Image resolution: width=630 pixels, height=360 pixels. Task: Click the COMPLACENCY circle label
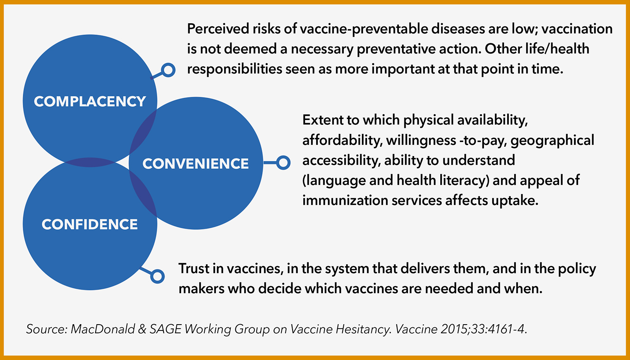pyautogui.click(x=90, y=101)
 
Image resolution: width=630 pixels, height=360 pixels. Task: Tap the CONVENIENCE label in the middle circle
pyautogui.click(x=195, y=164)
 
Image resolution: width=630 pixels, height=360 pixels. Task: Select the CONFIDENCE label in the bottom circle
pyautogui.click(x=90, y=224)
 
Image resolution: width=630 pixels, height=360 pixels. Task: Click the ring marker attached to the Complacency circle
pyautogui.click(x=168, y=70)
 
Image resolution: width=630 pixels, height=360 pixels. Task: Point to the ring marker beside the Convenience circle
pyautogui.click(x=283, y=162)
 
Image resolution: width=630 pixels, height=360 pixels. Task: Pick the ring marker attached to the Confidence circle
pyautogui.click(x=157, y=276)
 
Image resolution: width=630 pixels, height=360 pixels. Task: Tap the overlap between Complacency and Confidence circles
pyautogui.click(x=90, y=162)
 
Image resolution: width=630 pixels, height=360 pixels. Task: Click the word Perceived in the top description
pyautogui.click(x=218, y=29)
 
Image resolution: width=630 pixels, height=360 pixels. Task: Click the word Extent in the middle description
pyautogui.click(x=322, y=120)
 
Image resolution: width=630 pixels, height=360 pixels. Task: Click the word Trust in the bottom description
pyautogui.click(x=194, y=268)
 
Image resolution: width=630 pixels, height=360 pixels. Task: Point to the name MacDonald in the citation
pyautogui.click(x=103, y=329)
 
